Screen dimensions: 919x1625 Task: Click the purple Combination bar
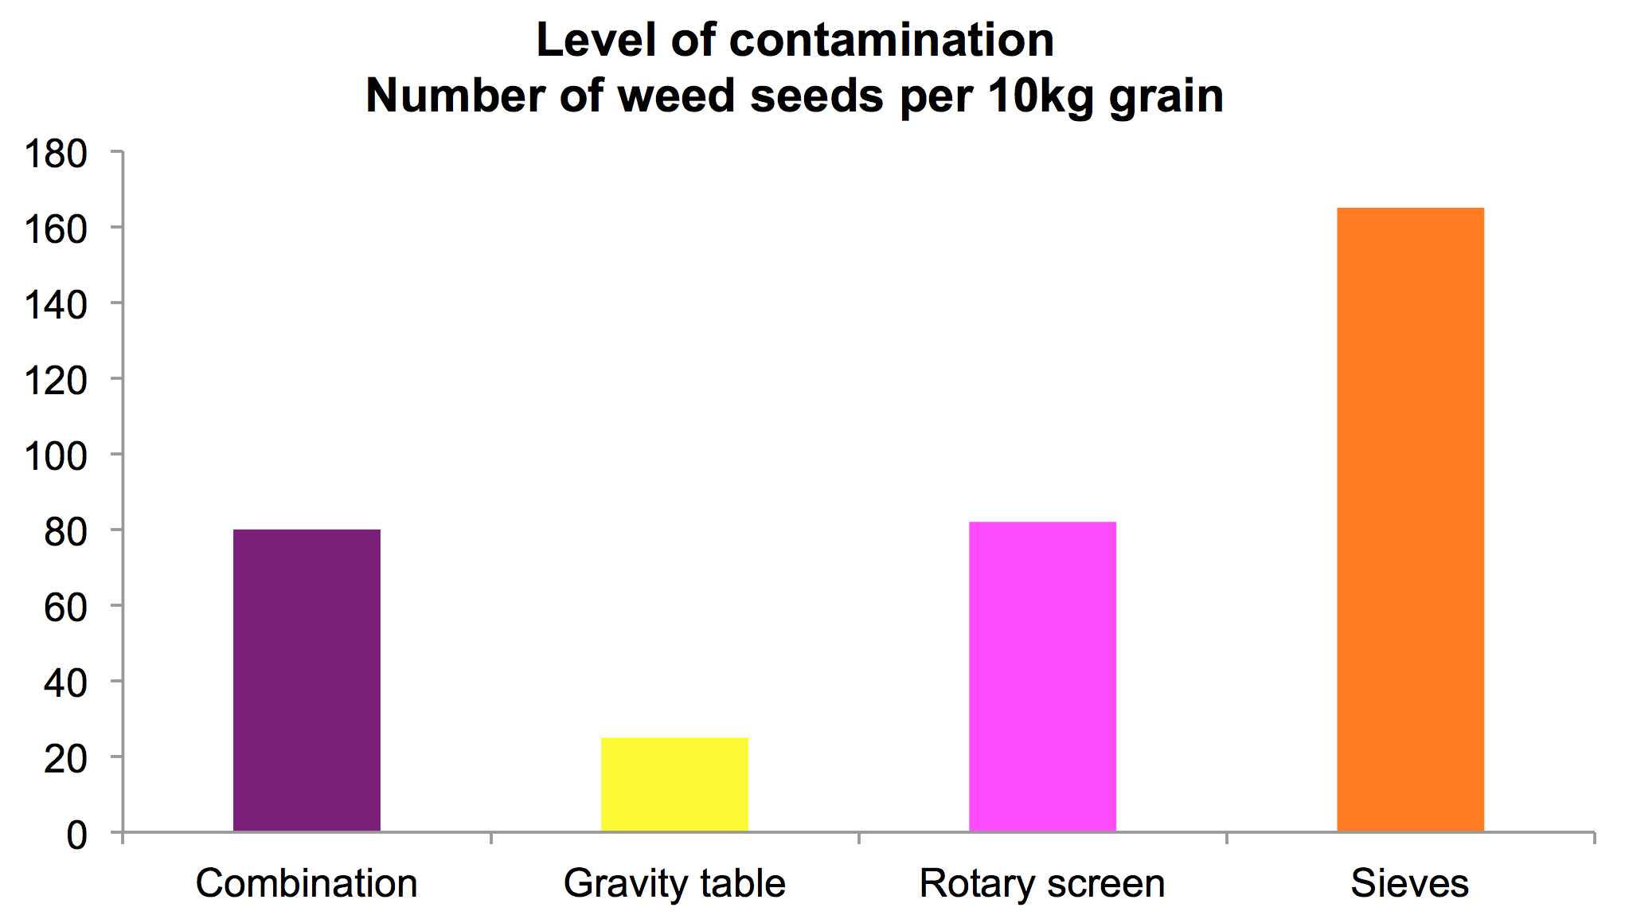(307, 680)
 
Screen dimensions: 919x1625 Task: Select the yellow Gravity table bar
(674, 784)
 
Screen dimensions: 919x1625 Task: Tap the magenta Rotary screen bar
(1042, 677)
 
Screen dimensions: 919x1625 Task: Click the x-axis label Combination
(307, 883)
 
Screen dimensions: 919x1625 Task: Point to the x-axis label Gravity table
(674, 884)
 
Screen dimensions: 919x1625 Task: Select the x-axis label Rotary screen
(1042, 884)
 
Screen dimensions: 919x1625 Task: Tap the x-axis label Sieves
(1409, 884)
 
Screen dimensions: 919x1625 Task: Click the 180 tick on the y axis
(56, 154)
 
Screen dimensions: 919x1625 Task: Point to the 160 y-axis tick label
(56, 229)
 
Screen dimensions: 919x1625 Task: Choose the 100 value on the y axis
(56, 456)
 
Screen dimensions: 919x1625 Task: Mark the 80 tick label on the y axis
(65, 532)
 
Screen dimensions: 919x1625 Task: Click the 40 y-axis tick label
(65, 683)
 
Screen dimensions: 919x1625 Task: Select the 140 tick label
(56, 305)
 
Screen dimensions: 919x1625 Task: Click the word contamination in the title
(891, 40)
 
